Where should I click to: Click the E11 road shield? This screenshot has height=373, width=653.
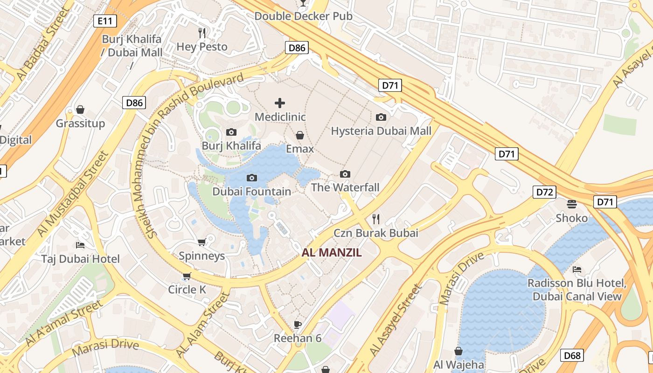click(105, 21)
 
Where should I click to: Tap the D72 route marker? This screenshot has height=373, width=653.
click(544, 192)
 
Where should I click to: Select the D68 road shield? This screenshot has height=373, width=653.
click(572, 356)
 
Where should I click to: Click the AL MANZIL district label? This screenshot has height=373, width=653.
click(332, 253)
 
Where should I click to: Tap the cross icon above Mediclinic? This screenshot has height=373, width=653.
click(280, 103)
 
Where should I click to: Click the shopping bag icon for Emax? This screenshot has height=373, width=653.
click(300, 135)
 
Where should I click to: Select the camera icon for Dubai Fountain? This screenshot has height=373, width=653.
click(252, 178)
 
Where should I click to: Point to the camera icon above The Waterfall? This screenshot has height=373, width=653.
click(345, 174)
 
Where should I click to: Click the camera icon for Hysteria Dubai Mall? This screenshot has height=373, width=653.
click(381, 117)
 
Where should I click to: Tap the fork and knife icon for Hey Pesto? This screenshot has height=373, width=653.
click(202, 33)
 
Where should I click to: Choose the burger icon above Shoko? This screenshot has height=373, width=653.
click(572, 204)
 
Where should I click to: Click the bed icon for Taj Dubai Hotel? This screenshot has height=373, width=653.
click(80, 245)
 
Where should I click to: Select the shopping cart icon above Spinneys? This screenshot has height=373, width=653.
click(201, 242)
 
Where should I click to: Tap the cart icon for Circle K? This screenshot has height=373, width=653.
click(187, 276)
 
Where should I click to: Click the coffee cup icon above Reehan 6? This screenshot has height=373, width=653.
click(298, 325)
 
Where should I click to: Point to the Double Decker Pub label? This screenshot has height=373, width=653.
click(303, 16)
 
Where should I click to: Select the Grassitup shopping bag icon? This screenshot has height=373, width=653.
click(80, 110)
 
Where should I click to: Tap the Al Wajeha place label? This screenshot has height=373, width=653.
click(458, 365)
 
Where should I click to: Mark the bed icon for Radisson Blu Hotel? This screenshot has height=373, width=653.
click(577, 269)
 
